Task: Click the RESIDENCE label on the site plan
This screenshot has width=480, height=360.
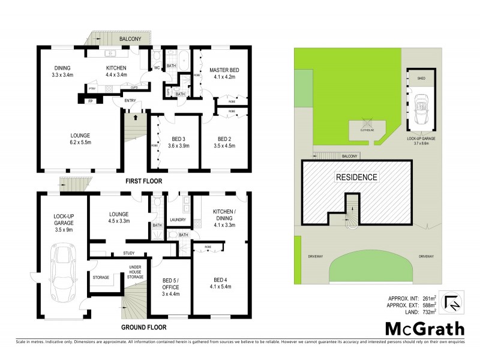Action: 356,177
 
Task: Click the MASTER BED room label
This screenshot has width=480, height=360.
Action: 224,71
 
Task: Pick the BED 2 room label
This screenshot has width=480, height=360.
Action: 224,137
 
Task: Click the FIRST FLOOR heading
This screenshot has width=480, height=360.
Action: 142,181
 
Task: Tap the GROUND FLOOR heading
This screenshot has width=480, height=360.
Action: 143,328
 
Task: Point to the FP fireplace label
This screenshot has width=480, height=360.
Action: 91,101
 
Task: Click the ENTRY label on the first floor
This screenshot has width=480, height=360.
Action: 130,100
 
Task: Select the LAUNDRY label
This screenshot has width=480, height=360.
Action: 179,220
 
